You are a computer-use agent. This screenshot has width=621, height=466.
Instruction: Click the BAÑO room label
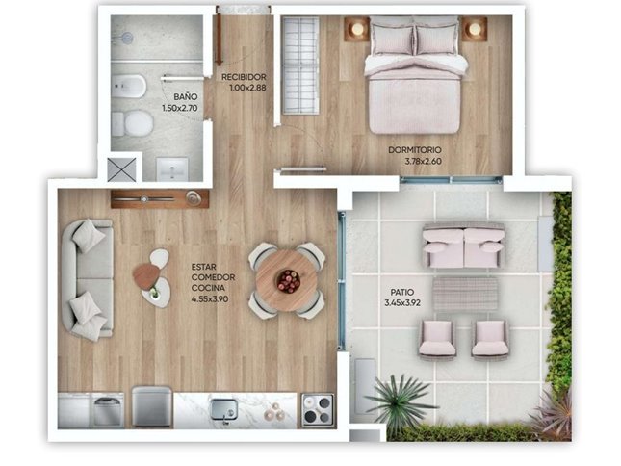(x=186, y=96)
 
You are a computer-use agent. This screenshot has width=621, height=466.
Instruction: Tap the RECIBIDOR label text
(x=244, y=77)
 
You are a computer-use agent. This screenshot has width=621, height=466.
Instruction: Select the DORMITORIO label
(x=415, y=150)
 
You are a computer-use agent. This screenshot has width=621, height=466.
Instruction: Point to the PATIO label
(x=402, y=292)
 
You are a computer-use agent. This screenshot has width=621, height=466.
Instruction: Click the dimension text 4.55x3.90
(x=210, y=298)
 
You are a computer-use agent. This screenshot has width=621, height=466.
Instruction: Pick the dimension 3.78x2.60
(x=423, y=161)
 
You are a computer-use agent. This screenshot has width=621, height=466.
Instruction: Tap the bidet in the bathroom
(x=129, y=87)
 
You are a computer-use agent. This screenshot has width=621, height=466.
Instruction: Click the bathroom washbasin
(x=172, y=169)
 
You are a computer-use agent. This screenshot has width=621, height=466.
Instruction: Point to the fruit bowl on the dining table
(x=288, y=281)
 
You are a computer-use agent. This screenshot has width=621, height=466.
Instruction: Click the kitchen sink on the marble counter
(x=224, y=409)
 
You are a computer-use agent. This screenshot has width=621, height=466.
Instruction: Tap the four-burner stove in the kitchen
(x=318, y=410)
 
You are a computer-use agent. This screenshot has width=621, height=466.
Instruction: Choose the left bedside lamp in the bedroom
(x=357, y=29)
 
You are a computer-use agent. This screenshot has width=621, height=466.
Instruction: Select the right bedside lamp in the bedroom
(x=474, y=29)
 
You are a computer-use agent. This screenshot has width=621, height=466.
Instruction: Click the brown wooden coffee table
(x=146, y=276)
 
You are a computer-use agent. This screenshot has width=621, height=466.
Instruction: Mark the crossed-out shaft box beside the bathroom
(x=122, y=169)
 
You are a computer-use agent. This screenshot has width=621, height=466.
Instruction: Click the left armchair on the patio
(x=437, y=340)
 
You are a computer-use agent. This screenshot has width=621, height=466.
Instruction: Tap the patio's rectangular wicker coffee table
(x=465, y=294)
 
